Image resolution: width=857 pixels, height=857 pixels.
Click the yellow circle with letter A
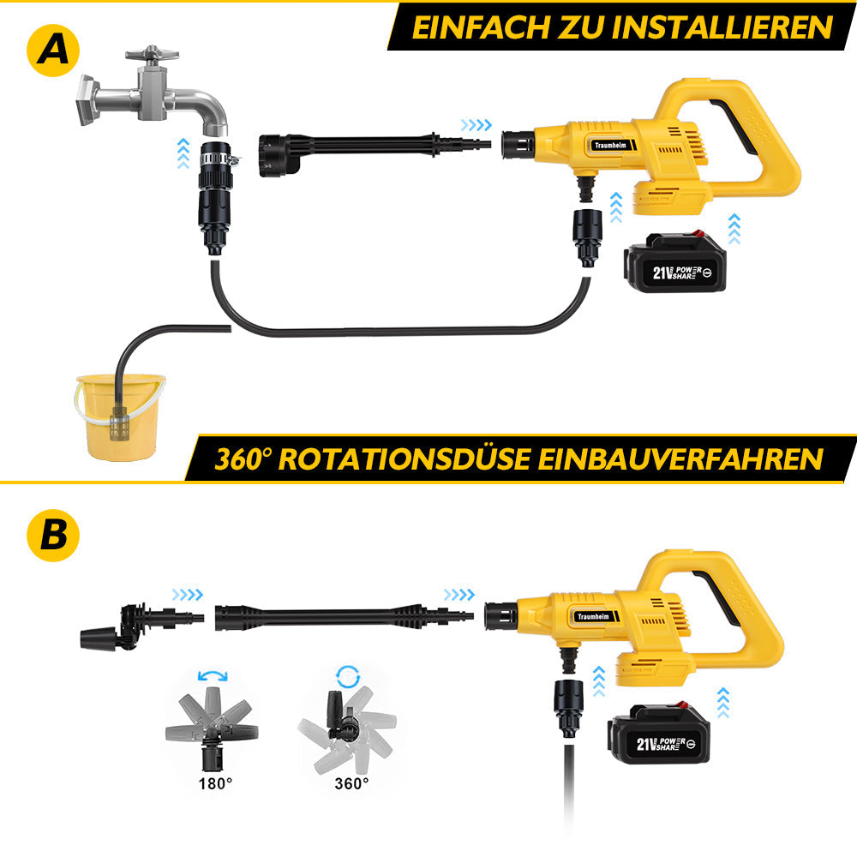click(53, 51)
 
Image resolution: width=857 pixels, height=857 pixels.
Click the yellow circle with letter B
click(53, 535)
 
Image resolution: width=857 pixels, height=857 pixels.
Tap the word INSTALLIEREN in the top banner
click(722, 27)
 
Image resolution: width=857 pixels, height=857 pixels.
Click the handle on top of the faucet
click(152, 54)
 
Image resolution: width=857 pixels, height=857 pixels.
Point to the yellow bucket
click(120, 417)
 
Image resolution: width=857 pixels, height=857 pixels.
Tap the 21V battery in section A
click(676, 262)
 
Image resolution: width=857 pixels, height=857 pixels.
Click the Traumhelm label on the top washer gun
click(610, 146)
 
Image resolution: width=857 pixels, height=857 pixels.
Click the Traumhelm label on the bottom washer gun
click(594, 616)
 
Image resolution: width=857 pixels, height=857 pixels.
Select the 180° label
click(215, 784)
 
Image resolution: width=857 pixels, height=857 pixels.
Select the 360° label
click(351, 784)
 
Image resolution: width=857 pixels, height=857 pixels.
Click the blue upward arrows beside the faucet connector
click(183, 153)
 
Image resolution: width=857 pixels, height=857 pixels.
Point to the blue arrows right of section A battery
click(734, 229)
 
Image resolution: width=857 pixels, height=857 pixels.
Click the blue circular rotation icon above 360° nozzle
click(348, 676)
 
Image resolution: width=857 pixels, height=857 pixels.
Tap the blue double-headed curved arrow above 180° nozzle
click(213, 676)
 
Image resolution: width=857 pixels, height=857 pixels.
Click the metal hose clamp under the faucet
click(219, 159)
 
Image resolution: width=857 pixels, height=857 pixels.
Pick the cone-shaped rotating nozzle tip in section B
click(99, 639)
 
